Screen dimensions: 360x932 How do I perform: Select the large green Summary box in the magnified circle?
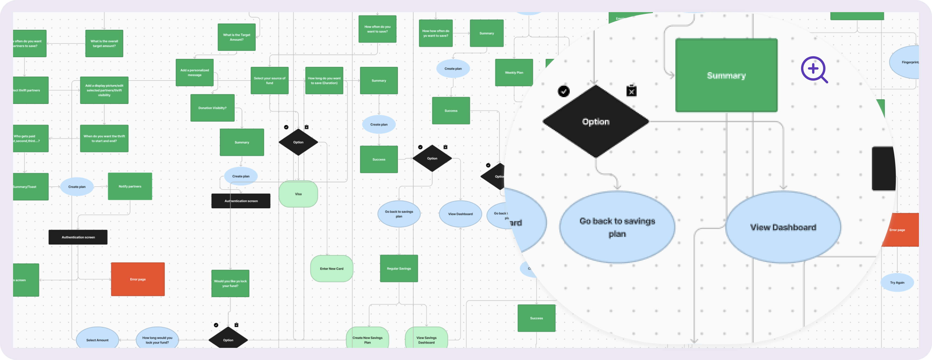click(726, 75)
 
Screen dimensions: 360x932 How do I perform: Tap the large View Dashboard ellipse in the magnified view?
click(783, 227)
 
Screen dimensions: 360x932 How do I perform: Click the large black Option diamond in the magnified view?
click(596, 122)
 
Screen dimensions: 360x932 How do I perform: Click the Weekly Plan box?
click(514, 73)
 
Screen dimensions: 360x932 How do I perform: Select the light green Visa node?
click(298, 194)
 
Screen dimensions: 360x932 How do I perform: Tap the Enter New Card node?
click(331, 269)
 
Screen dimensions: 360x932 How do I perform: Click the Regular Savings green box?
click(399, 268)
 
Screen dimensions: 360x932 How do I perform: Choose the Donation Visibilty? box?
click(212, 108)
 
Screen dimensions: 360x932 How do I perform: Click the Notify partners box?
click(130, 186)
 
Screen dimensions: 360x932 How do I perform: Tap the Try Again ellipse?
click(897, 282)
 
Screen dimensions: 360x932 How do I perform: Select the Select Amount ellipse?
click(97, 339)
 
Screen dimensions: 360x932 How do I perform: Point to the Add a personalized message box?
click(195, 73)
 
